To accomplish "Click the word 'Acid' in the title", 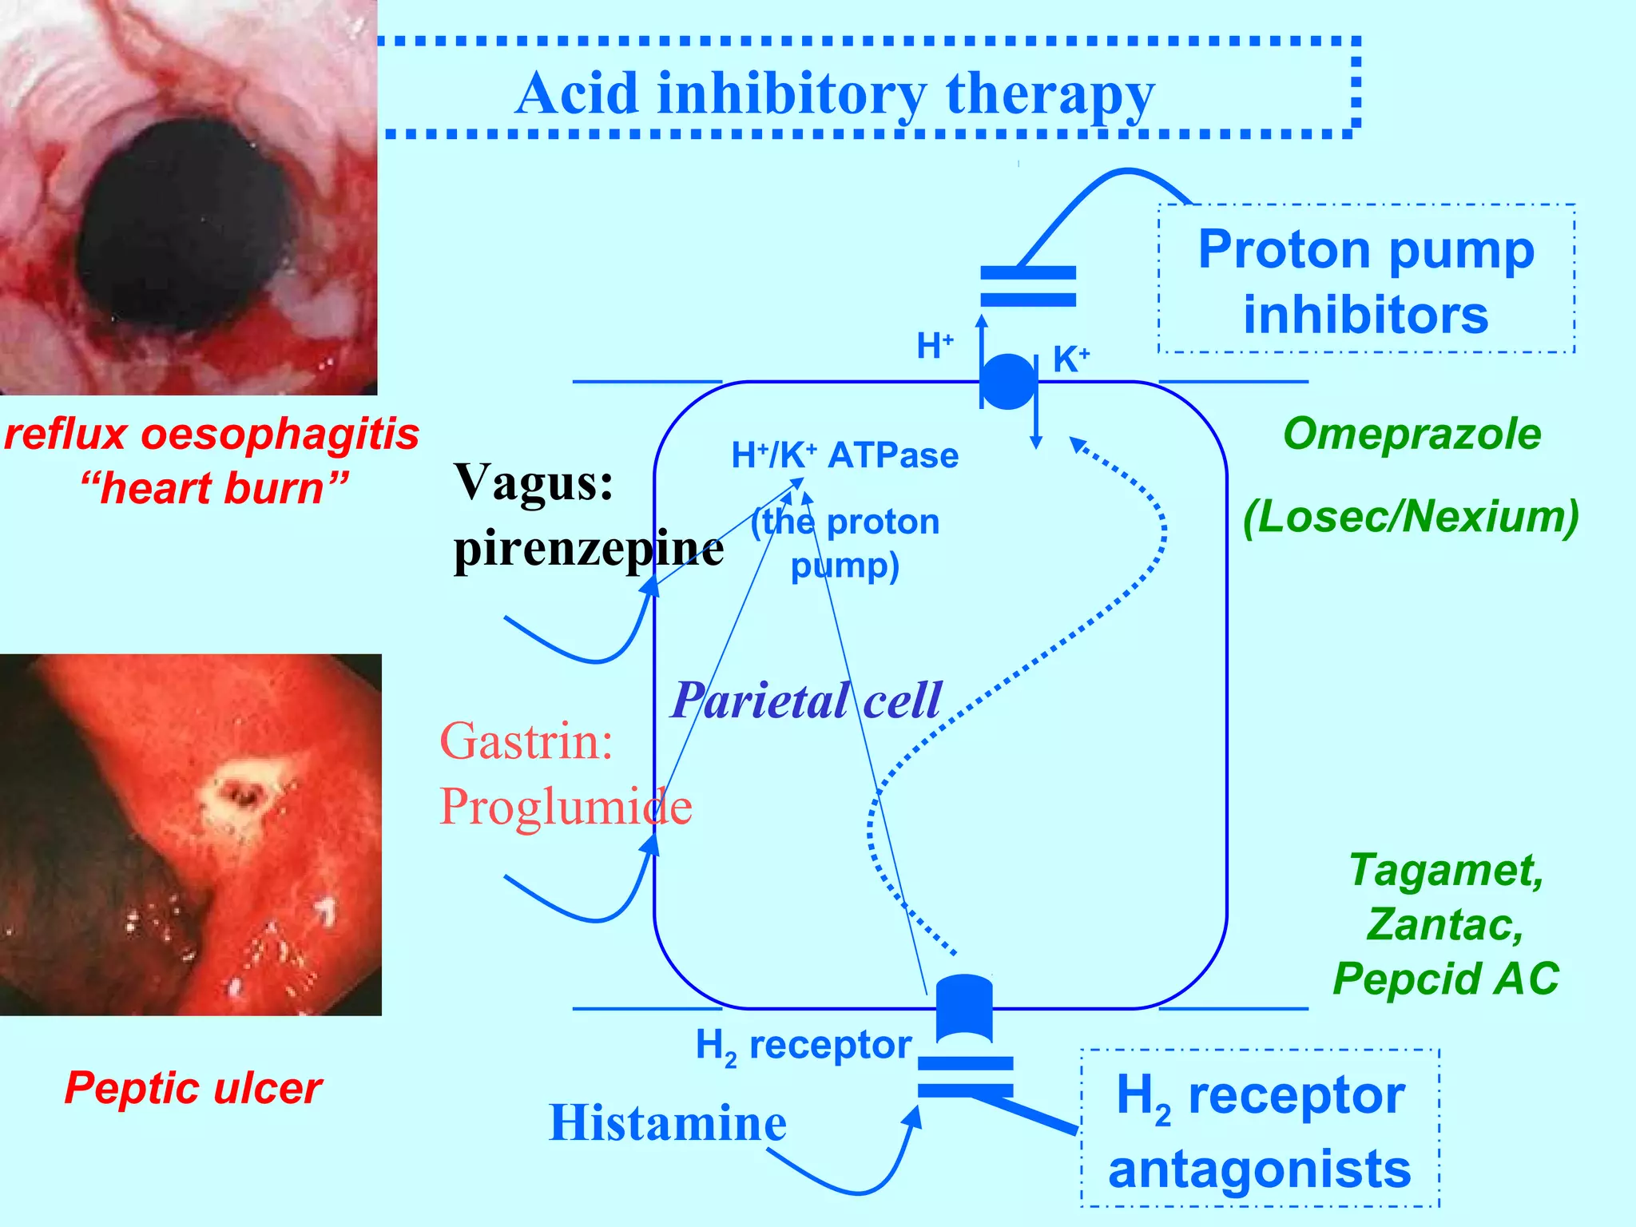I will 577,94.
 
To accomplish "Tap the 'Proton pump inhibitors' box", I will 1366,280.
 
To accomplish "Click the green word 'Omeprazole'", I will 1412,434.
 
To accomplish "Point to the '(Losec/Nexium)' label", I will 1411,516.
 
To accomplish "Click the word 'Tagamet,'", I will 1446,869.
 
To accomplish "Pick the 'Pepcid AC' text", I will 1446,978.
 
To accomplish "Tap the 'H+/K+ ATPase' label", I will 844,455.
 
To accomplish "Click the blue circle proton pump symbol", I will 1008,382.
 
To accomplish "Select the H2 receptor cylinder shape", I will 964,1008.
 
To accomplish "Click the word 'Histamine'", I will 668,1122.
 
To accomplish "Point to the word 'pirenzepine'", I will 589,549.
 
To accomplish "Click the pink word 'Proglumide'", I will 566,806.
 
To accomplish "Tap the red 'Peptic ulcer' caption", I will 193,1088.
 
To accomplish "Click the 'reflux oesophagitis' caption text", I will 212,435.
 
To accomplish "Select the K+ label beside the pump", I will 1070,359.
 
